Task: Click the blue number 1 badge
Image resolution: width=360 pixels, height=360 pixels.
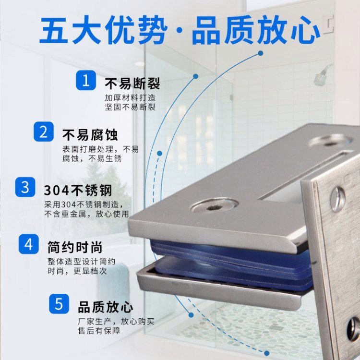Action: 86,80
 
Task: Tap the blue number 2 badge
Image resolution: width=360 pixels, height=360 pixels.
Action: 44,132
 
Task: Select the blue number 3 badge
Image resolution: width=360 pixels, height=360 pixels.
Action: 25,187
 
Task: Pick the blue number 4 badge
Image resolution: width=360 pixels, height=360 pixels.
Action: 29,244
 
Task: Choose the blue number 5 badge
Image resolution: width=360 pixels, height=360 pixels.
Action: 59,304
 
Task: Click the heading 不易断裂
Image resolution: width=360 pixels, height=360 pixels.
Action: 132,84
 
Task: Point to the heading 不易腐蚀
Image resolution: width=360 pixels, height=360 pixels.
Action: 90,135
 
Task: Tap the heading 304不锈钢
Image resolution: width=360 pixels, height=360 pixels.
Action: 78,191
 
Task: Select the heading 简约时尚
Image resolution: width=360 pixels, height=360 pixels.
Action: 75,247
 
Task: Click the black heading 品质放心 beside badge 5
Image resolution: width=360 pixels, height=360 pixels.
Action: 106,307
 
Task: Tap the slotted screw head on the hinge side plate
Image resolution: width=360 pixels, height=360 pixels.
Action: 338,199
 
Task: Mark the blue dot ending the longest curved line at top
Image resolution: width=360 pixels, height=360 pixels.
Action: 260,53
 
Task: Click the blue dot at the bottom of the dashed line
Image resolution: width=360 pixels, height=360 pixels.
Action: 266,353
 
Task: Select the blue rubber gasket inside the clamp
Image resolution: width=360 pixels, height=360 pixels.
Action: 232,264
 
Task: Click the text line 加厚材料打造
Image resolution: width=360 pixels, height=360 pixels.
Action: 130,98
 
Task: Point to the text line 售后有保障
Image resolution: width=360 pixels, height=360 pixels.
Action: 99,331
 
